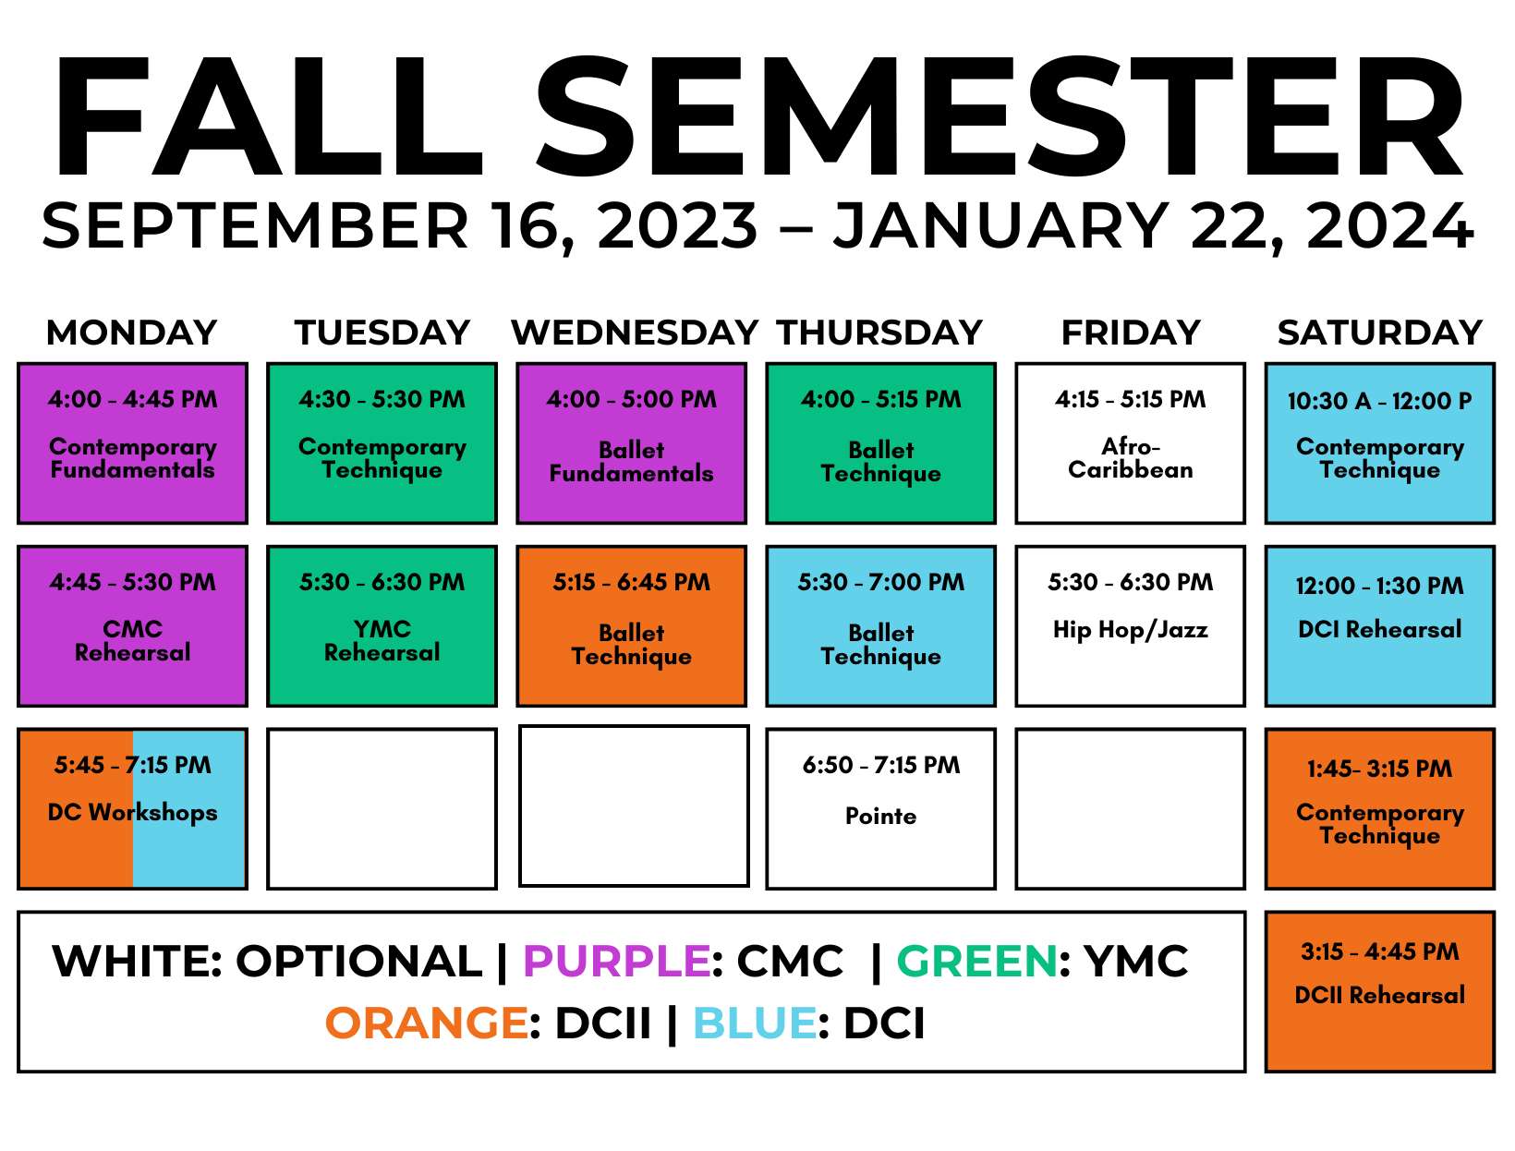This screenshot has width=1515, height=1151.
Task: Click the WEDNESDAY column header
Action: coord(634,333)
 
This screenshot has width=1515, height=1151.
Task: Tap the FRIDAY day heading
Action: coord(1130,333)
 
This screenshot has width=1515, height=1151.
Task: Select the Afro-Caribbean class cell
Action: coord(1130,443)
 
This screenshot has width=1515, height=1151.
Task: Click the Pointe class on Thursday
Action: coord(880,808)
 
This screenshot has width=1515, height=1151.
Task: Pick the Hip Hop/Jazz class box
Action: coord(1130,626)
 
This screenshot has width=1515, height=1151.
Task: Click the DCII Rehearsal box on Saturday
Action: coord(1379,991)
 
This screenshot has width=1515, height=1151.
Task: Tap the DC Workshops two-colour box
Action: coord(132,808)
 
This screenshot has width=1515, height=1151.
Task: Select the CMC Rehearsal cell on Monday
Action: coord(132,626)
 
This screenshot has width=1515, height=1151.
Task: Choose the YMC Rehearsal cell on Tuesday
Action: coord(382,626)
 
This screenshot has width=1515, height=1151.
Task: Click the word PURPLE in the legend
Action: coord(616,961)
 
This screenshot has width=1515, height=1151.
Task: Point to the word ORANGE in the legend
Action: coord(427,1023)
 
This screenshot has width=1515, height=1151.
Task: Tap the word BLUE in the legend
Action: coord(755,1023)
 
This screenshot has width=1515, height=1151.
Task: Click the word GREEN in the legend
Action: coord(976,961)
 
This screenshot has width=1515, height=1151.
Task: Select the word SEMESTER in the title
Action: coord(1000,115)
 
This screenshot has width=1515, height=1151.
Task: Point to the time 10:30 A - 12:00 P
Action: coord(1379,401)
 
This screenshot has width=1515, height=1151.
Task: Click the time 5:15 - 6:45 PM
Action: coord(631,582)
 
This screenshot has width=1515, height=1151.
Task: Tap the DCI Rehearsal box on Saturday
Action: coord(1379,626)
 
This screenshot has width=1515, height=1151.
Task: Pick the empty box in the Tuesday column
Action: coord(382,808)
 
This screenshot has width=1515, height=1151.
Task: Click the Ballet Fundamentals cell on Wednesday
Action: coord(631,443)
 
